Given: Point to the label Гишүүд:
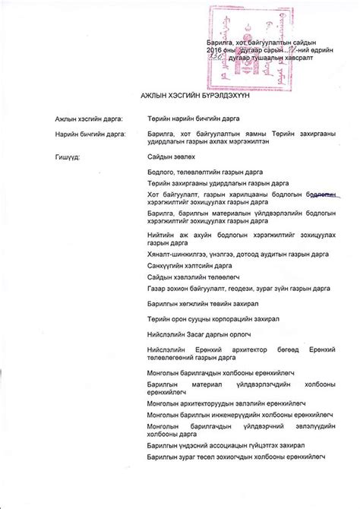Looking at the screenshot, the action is (66, 156).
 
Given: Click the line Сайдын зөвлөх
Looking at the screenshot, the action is (172, 156).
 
